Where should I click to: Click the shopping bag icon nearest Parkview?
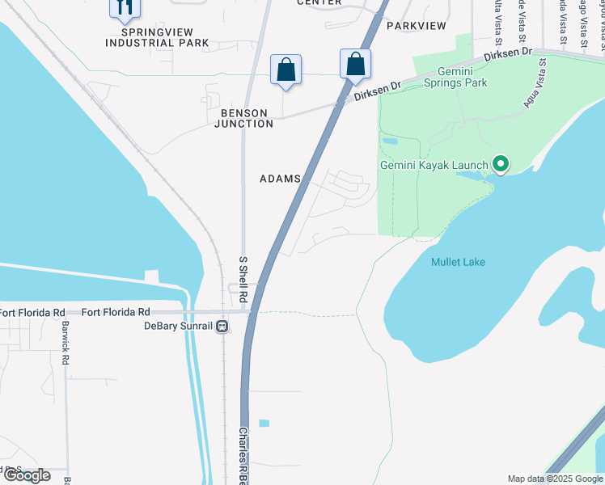355,64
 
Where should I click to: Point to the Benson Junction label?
243,118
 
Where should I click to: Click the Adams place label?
280,179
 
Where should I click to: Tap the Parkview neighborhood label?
416,26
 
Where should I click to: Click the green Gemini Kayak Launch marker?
501,165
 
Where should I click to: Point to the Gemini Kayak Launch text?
434,166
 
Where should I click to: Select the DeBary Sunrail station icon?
222,326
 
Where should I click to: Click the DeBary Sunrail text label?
178,326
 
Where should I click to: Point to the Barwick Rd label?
64,344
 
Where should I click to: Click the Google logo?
27,475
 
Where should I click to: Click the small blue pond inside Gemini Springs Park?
389,141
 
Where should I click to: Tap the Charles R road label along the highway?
243,457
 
